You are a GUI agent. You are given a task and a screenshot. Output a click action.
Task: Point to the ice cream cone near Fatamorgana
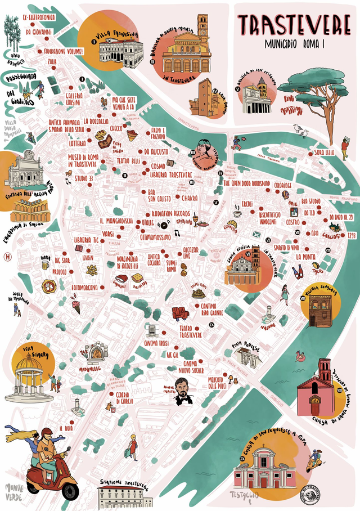(76, 306)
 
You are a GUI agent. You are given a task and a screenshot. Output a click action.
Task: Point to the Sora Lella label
(324, 153)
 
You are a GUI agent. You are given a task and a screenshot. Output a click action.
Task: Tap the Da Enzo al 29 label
(341, 217)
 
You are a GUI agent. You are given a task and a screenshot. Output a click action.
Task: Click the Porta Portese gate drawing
(246, 356)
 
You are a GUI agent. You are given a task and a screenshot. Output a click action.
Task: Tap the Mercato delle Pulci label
(220, 383)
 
